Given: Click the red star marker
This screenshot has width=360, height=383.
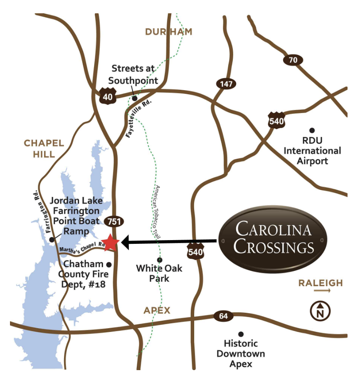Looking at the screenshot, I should tap(110, 243).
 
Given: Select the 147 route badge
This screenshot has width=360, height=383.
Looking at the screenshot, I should tap(226, 84).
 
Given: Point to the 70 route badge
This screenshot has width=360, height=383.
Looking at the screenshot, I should tap(293, 60).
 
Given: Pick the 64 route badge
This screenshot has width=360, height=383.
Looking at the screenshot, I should tap(223, 316).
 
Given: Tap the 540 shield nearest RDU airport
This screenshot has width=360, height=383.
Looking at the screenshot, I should tap(276, 120).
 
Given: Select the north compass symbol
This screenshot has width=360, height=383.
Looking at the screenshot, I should tap(320, 310).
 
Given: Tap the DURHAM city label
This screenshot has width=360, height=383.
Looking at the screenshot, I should tap(168, 32).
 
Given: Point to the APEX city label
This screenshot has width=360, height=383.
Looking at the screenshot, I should tap(157, 310).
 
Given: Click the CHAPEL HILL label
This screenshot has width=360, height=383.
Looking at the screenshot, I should tap(44, 149).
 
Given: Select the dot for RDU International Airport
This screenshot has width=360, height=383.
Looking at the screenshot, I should tap(312, 130).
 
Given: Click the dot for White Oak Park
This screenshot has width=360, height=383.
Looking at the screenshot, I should tap(160, 260).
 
